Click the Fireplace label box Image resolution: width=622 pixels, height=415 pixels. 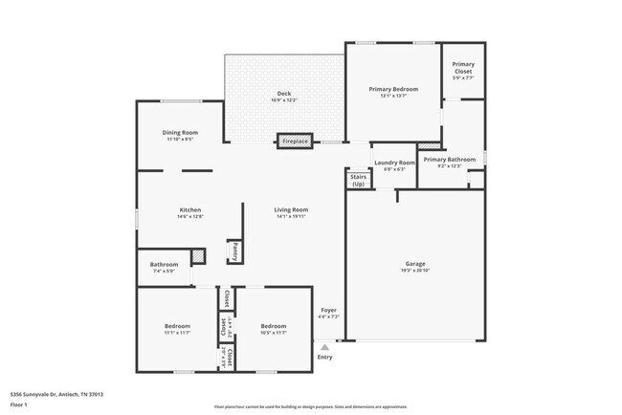(295, 141)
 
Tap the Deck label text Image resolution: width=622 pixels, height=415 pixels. (284, 94)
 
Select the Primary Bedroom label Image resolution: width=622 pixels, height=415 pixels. (393, 89)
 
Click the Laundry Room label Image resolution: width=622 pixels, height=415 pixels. (394, 163)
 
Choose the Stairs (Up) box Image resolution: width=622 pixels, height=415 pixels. (359, 180)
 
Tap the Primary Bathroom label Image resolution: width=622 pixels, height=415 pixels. (449, 160)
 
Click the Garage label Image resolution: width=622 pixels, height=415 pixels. (415, 264)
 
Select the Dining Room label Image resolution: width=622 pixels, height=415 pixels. (181, 132)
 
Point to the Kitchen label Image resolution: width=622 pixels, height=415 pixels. (189, 210)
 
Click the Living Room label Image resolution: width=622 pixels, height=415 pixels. (290, 210)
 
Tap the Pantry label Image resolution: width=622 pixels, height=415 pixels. (233, 251)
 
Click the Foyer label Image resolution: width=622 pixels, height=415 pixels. (328, 310)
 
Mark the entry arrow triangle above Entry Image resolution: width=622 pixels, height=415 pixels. (325, 347)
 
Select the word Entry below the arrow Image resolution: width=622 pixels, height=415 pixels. (325, 358)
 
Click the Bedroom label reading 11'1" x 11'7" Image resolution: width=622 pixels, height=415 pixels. (177, 326)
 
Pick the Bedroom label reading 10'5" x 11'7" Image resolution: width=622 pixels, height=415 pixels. (274, 326)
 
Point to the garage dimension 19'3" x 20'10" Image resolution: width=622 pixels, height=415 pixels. (415, 271)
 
